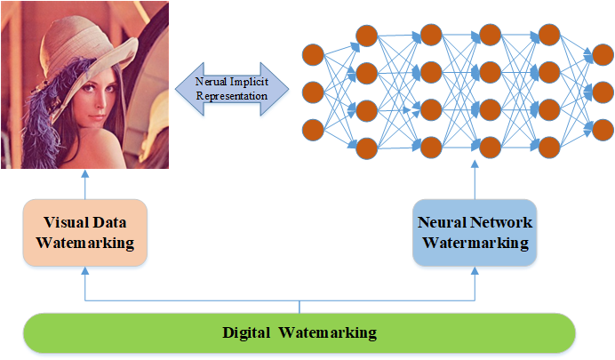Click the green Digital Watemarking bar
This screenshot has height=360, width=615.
[x=300, y=333]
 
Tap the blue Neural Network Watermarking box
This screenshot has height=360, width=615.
[x=474, y=232]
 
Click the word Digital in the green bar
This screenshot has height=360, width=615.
[x=247, y=333]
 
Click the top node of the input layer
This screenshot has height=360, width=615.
[x=313, y=54]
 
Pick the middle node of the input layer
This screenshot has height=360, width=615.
[x=313, y=92]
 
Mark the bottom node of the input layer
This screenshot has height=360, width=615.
[x=313, y=130]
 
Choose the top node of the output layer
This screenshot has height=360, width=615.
[x=603, y=54]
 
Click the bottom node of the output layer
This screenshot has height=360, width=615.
[x=603, y=130]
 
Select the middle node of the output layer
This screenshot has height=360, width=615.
[x=603, y=92]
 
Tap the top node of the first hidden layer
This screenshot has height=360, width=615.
[x=367, y=35]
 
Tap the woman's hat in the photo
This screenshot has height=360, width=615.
[x=67, y=36]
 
